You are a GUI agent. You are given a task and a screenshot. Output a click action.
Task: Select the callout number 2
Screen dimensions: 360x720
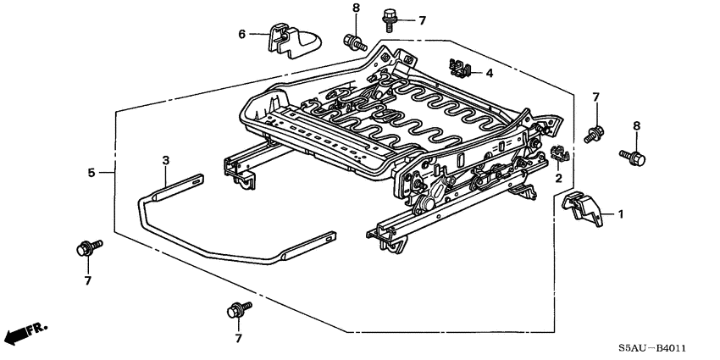pyautogui.click(x=558, y=179)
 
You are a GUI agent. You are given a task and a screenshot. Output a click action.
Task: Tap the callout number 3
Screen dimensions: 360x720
pyautogui.click(x=166, y=160)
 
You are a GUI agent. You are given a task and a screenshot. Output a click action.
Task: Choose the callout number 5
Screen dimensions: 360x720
pyautogui.click(x=91, y=173)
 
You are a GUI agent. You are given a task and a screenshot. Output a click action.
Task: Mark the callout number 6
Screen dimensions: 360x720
pyautogui.click(x=241, y=34)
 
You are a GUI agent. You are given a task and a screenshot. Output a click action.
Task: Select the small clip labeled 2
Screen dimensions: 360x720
pyautogui.click(x=558, y=154)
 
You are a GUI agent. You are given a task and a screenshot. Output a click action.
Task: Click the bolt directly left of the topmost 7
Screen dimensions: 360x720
pyautogui.click(x=390, y=14)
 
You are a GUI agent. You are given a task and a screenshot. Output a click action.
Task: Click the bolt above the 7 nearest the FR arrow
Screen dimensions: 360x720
pyautogui.click(x=86, y=247)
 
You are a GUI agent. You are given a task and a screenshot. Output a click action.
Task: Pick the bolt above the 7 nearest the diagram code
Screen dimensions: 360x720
pyautogui.click(x=236, y=310)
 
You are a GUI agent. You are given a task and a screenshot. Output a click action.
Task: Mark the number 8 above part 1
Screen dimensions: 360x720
pyautogui.click(x=637, y=126)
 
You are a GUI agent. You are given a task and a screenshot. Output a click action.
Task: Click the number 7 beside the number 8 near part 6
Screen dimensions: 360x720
pyautogui.click(x=422, y=19)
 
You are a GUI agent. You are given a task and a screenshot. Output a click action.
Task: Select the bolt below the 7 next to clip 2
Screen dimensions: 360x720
pyautogui.click(x=594, y=131)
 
